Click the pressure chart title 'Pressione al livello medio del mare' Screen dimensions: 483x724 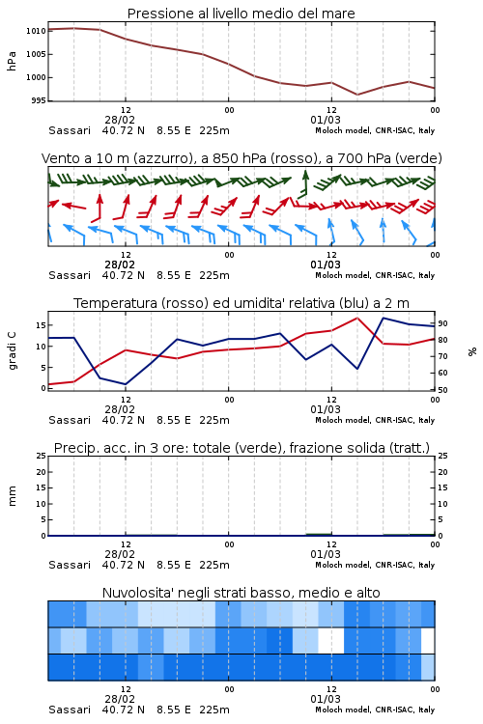tap(241, 14)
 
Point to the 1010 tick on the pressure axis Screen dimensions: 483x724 tap(36, 31)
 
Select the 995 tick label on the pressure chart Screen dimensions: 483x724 tap(39, 100)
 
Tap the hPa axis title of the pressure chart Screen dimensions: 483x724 tap(12, 61)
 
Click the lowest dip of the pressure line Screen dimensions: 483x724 tap(357, 95)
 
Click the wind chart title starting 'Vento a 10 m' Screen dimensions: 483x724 tap(241, 158)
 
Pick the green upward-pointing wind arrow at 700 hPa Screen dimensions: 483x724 tap(304, 183)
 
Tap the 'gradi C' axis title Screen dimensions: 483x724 tap(12, 351)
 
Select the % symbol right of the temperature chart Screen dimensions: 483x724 tap(472, 351)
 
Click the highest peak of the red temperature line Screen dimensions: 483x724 tap(357, 318)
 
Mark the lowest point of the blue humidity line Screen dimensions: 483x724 tap(126, 384)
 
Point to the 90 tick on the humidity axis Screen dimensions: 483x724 tap(442, 323)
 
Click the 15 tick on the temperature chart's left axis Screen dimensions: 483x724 tap(42, 325)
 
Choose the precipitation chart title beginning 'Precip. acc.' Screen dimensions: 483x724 tap(241, 448)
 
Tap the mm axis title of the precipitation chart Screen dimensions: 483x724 tap(12, 496)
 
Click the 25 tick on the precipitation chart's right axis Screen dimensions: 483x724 tap(442, 456)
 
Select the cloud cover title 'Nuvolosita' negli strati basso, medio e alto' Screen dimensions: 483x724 tap(241, 593)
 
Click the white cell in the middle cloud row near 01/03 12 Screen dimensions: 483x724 tap(331, 640)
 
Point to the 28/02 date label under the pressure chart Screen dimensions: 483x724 tap(120, 120)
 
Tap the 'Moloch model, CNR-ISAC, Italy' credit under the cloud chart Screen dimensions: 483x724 tap(375, 710)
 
